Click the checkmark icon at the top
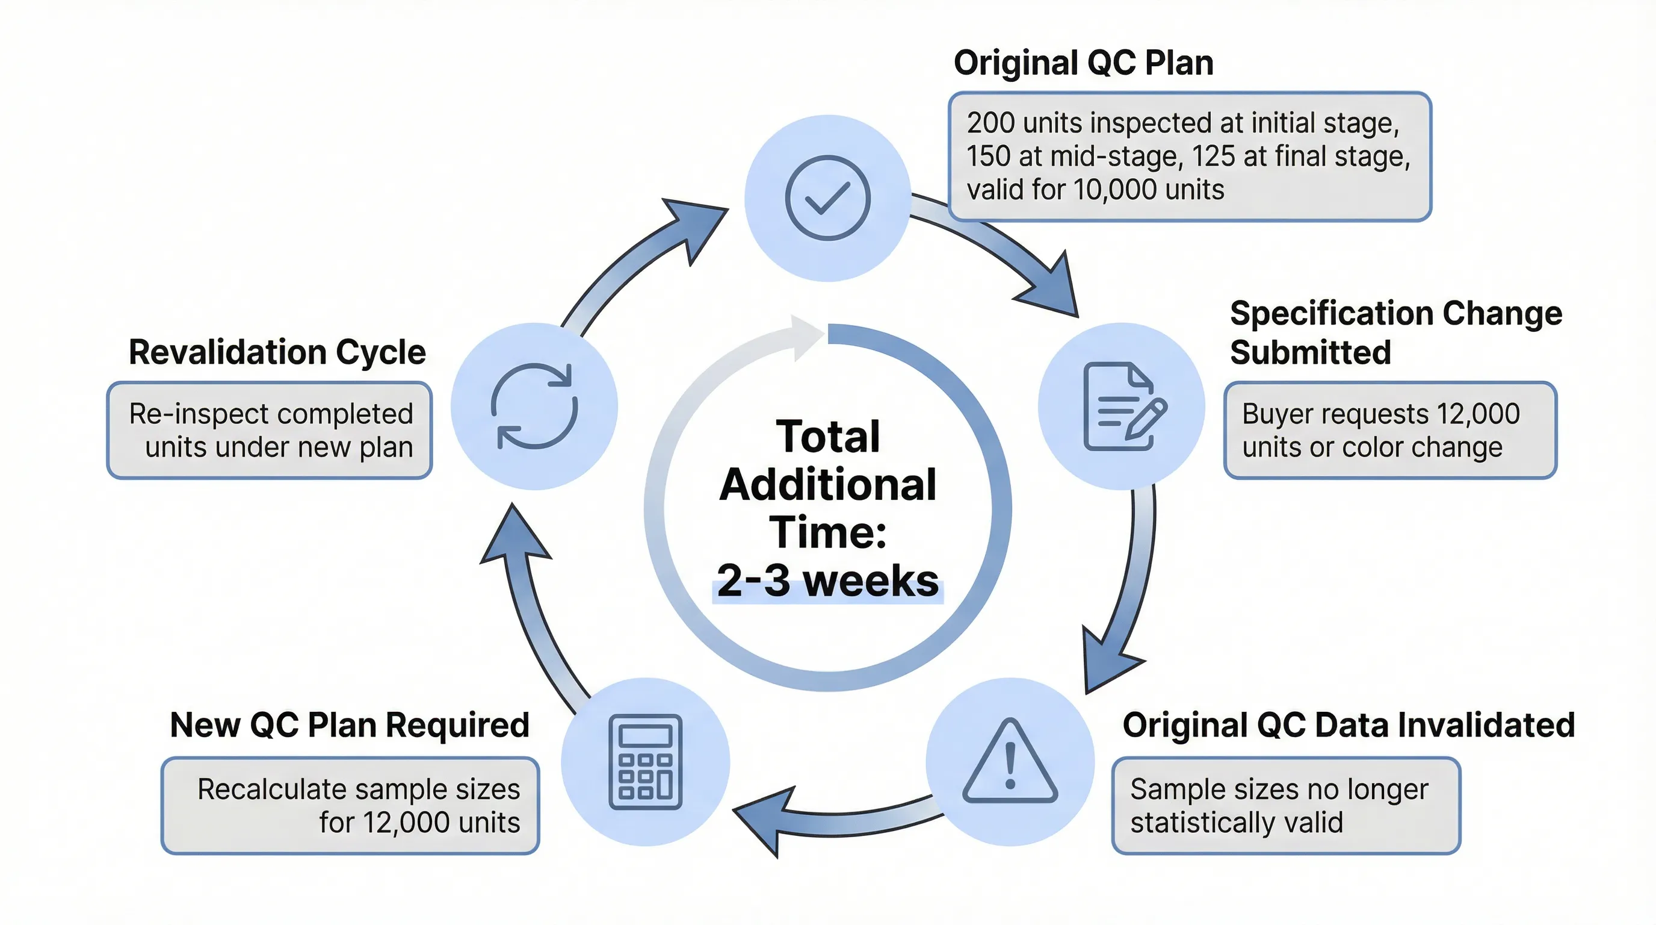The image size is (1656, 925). (827, 198)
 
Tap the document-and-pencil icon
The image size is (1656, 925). (1123, 406)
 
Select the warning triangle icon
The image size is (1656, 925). (1009, 762)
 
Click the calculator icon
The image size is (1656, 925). (645, 762)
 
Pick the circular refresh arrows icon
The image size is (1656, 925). (534, 406)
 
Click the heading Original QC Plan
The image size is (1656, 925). (1083, 63)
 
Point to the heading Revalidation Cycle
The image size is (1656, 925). (277, 352)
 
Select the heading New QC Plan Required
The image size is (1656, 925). (350, 725)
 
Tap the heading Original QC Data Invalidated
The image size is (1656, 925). (1348, 725)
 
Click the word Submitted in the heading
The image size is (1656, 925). (1310, 352)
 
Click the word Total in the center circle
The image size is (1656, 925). (827, 436)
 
